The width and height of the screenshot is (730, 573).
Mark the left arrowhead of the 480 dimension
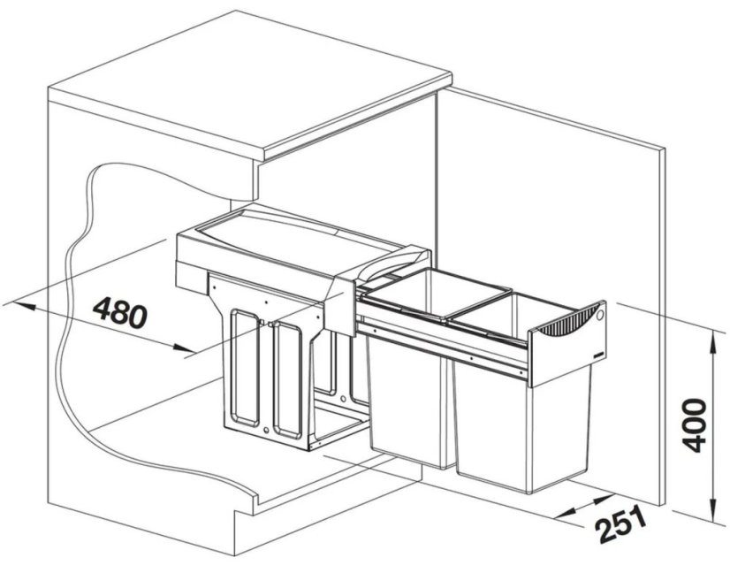pyautogui.click(x=25, y=306)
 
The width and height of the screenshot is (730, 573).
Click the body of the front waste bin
pyautogui.click(x=521, y=429)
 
